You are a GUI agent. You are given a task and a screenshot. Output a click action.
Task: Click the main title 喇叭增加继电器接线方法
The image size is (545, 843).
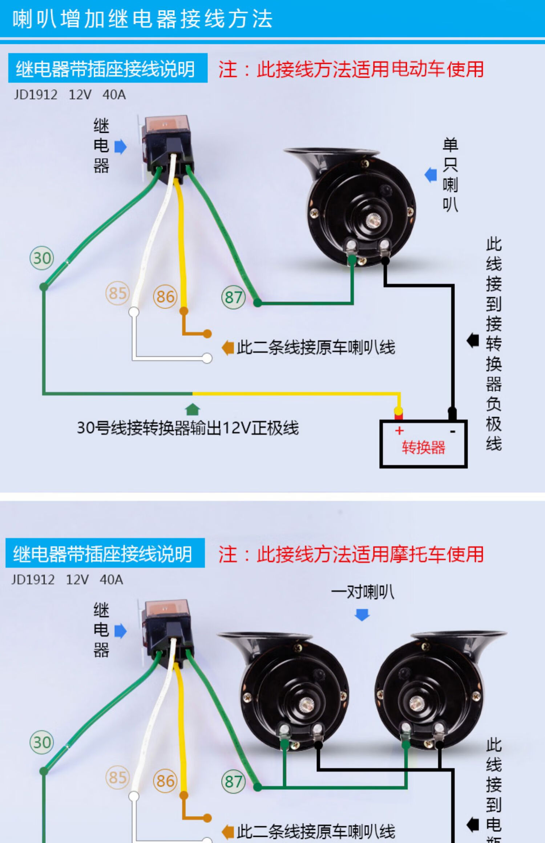pyautogui.click(x=142, y=19)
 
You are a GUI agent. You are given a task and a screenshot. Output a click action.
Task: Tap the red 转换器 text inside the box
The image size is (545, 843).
pyautogui.click(x=423, y=447)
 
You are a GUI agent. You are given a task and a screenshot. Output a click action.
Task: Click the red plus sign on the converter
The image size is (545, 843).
pyautogui.click(x=399, y=431)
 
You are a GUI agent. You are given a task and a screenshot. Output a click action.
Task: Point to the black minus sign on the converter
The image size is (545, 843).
pyautogui.click(x=452, y=431)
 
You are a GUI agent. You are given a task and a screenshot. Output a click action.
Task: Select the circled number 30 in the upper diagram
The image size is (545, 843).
pyautogui.click(x=42, y=258)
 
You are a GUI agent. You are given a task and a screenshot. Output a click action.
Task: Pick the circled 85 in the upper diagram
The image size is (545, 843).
pyautogui.click(x=117, y=293)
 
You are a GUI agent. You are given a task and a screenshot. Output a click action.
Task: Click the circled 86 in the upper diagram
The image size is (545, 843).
pyautogui.click(x=165, y=297)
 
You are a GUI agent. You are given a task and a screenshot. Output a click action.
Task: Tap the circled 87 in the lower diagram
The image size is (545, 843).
pyautogui.click(x=233, y=781)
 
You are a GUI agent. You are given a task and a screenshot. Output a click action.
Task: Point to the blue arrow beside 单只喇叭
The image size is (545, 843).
pyautogui.click(x=431, y=175)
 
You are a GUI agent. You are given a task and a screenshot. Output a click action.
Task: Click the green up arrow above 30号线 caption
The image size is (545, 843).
pyautogui.click(x=192, y=409)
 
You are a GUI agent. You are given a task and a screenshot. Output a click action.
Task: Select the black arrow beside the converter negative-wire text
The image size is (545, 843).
pyautogui.click(x=473, y=341)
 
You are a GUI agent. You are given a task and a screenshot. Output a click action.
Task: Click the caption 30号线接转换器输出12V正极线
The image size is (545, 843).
pyautogui.click(x=187, y=428)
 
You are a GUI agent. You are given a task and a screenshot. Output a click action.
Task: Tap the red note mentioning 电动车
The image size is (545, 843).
pyautogui.click(x=351, y=69)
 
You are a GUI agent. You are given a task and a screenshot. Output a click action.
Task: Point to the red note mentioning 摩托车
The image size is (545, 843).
pyautogui.click(x=351, y=554)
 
